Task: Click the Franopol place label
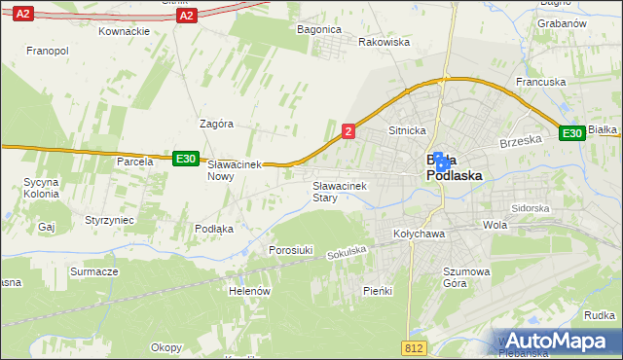47,50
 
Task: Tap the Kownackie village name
124,30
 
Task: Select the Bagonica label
318,30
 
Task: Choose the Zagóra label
216,125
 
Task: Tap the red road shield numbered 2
348,130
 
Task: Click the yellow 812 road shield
413,346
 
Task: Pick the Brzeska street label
520,141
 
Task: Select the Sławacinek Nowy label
235,171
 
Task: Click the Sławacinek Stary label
338,191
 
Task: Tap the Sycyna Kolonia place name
42,188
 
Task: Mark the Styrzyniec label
109,221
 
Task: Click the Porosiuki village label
290,250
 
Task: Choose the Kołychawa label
419,234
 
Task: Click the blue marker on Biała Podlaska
440,162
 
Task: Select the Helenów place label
249,291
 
